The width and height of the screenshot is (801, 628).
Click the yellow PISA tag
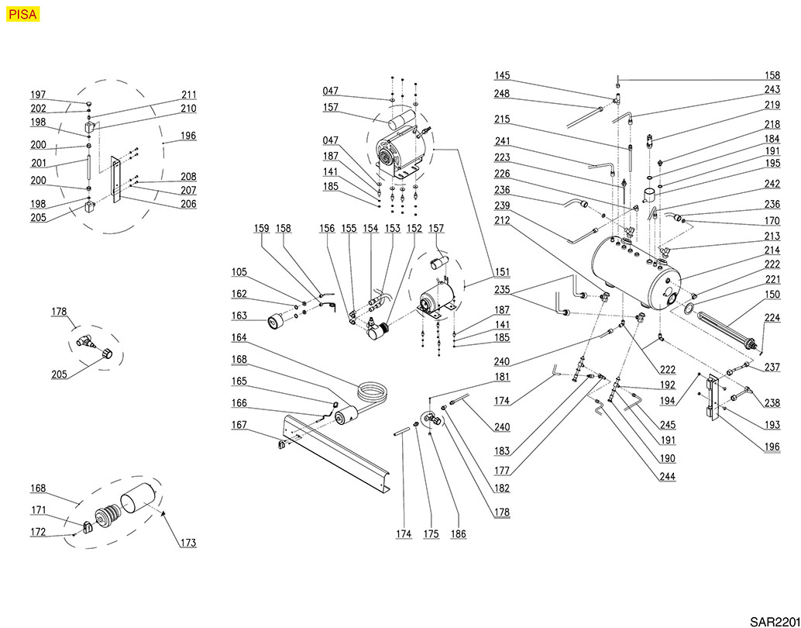(x=22, y=14)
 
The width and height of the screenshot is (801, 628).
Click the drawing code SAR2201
(x=773, y=621)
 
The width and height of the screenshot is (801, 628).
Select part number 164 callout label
(x=239, y=337)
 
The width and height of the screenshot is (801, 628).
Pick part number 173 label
(x=187, y=543)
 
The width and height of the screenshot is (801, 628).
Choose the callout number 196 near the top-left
(x=187, y=136)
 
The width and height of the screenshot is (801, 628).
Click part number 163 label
(x=239, y=316)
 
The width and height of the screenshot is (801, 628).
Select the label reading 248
(x=503, y=95)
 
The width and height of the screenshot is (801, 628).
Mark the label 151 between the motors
(x=503, y=272)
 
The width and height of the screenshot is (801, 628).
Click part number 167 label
(x=239, y=425)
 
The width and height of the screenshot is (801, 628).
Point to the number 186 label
(x=459, y=535)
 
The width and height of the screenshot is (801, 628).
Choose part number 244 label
(x=667, y=476)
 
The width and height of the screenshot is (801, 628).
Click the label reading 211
(x=187, y=95)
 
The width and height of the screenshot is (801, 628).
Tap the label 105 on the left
(x=239, y=272)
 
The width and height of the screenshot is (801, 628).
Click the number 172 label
(x=38, y=532)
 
